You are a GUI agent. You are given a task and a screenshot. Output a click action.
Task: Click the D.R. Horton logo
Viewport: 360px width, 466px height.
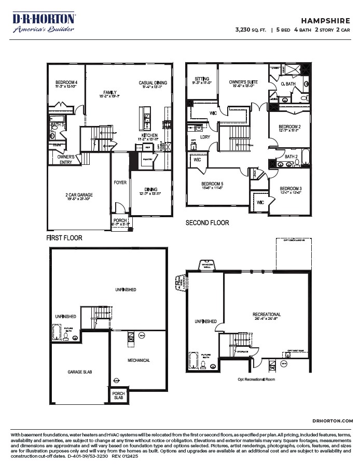44,22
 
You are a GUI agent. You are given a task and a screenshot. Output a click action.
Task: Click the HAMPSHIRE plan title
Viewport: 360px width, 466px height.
326,20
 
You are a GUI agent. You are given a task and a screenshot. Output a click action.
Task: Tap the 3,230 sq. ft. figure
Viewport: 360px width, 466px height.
251,31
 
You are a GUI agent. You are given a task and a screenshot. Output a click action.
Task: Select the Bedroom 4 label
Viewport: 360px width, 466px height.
66,83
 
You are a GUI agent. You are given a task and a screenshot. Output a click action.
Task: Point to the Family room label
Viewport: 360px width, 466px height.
110,92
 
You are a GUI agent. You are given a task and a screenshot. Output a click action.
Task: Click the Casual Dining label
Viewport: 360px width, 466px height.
153,83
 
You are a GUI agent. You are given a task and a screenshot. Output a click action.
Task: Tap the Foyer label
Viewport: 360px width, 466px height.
120,182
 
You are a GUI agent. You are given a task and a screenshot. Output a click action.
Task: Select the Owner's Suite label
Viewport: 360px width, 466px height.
244,82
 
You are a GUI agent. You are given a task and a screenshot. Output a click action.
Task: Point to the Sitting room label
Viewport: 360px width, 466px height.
201,79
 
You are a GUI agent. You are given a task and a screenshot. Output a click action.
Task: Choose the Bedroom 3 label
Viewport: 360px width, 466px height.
290,189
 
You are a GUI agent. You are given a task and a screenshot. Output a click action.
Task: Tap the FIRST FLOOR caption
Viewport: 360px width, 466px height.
64,238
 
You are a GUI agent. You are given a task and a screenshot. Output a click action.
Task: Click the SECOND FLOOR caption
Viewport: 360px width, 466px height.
207,223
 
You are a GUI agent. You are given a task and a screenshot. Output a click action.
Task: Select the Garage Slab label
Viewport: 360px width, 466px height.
80,372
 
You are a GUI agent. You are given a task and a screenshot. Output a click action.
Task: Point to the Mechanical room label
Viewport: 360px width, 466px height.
139,360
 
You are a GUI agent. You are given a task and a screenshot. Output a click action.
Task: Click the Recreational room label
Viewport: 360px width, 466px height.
267,314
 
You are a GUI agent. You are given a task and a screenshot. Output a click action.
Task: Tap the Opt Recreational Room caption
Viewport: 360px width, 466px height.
256,379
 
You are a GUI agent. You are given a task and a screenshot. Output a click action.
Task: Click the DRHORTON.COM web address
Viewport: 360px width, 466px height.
333,421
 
